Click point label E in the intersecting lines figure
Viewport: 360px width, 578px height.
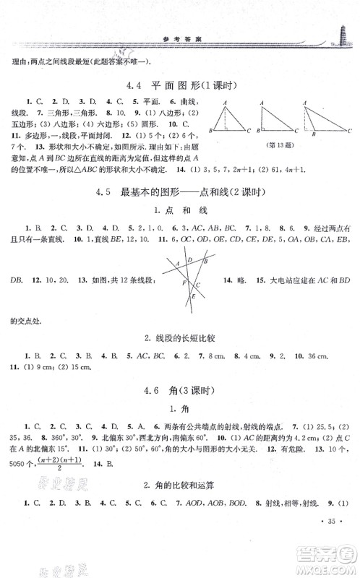click(x=193, y=296)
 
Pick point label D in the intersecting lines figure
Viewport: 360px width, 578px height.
click(x=189, y=261)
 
